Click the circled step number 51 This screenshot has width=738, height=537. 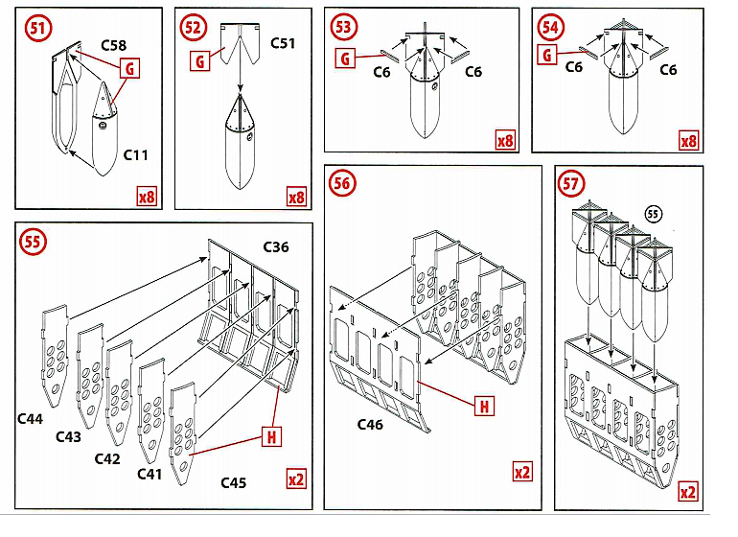click(x=37, y=28)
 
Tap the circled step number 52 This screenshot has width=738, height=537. click(x=193, y=28)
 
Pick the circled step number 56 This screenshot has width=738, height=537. click(x=342, y=181)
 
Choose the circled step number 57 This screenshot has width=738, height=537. click(x=572, y=183)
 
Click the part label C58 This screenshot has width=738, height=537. click(x=114, y=45)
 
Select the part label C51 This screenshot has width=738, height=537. click(x=284, y=43)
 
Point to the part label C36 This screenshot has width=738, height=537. click(x=276, y=247)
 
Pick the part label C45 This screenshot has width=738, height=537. click(x=233, y=482)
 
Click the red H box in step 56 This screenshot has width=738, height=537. click(x=486, y=407)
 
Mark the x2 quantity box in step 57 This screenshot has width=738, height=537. click(x=687, y=491)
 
